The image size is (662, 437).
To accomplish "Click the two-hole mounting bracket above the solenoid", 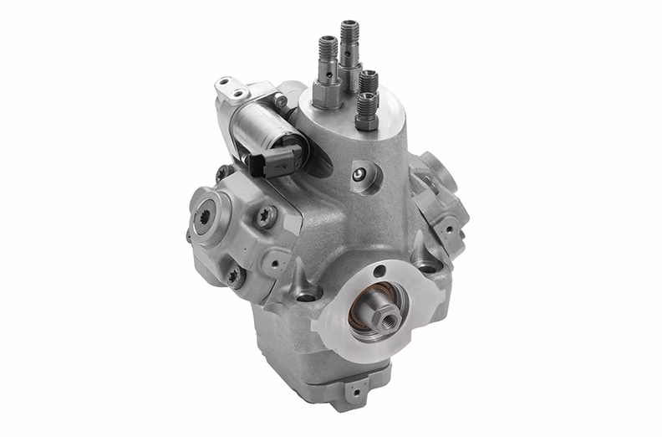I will [x=231, y=87].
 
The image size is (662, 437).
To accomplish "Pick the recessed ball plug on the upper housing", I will [x=359, y=174].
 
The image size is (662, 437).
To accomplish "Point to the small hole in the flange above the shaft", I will [x=381, y=271].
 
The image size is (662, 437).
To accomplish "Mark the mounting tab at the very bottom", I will [x=358, y=387].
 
